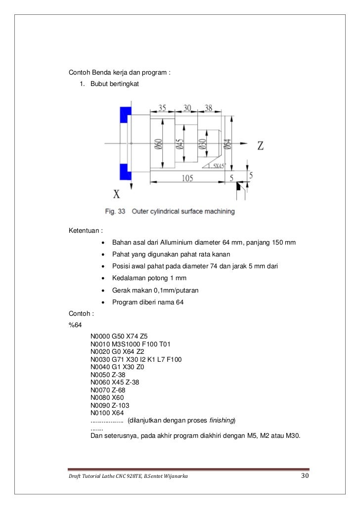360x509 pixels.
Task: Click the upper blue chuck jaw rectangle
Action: click(x=125, y=114)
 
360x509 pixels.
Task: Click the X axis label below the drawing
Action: click(x=117, y=194)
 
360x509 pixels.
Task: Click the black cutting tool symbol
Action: click(x=240, y=186)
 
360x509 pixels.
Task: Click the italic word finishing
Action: click(x=223, y=421)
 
